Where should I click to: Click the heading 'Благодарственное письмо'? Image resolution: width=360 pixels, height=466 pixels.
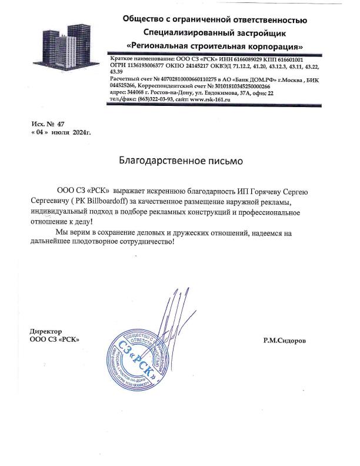point(180,159)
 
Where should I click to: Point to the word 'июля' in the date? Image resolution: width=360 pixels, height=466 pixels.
point(61,134)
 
